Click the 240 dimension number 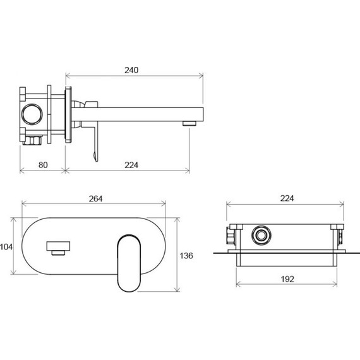(x=132, y=69)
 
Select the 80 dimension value (x=42, y=165)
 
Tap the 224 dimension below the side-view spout (x=131, y=165)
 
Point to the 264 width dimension (x=95, y=198)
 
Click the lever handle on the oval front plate (x=129, y=261)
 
